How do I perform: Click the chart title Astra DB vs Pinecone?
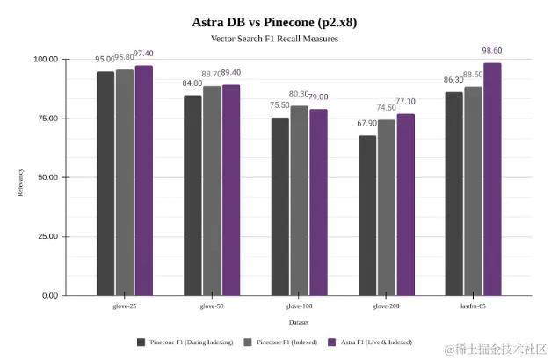point(274,22)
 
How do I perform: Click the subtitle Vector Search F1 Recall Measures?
point(274,40)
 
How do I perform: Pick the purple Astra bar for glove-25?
point(143,181)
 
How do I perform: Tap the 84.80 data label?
point(192,84)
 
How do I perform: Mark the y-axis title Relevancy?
point(20,177)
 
